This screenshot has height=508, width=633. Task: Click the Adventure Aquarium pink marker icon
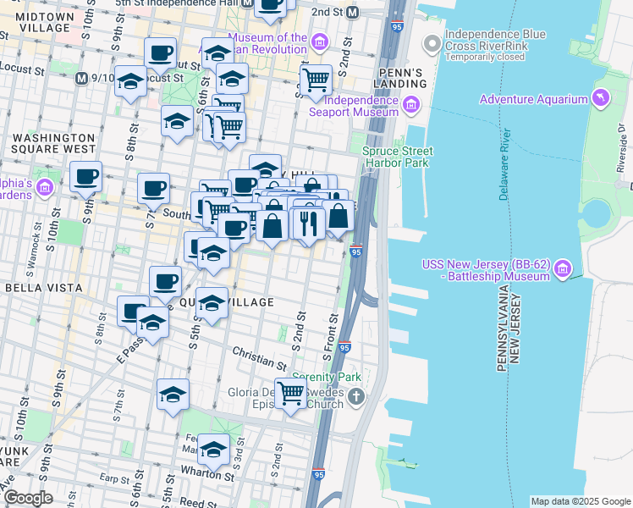point(600,99)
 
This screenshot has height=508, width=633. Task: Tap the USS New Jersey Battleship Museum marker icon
point(563,270)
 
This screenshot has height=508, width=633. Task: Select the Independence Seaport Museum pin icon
point(411,105)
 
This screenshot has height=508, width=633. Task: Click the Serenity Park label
point(327,377)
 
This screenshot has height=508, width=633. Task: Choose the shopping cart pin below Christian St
point(290,392)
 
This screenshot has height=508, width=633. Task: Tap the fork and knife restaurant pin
point(308,224)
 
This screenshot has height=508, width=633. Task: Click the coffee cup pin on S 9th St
point(85,177)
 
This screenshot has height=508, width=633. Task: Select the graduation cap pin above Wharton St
point(213,449)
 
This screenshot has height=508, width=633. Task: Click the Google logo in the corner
point(28,498)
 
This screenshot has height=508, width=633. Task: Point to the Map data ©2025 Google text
point(580,501)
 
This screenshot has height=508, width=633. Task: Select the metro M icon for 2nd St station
point(353,13)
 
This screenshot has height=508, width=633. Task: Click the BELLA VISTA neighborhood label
point(43,288)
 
